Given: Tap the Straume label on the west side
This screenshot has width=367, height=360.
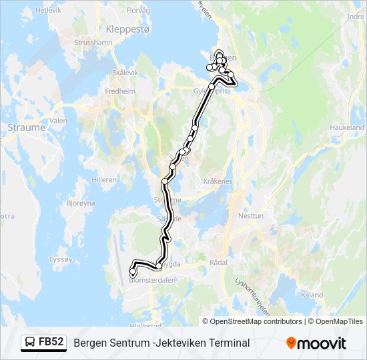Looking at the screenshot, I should point(26,127).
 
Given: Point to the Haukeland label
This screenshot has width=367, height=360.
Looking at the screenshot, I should point(347,127).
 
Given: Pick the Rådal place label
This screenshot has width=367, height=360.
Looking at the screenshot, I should point(218,263).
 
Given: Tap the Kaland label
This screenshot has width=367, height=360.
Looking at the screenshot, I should point(312,295).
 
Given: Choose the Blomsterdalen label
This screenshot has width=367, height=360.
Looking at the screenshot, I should point(152,281).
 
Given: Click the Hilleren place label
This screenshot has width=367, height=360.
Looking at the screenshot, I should point(104,180).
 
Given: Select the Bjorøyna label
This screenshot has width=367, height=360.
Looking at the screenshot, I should point(81,203).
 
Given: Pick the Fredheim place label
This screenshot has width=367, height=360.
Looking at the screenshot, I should point(120,91).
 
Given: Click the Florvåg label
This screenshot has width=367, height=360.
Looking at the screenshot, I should point(137,10).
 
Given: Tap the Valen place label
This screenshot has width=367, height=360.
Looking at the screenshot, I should point(59,121).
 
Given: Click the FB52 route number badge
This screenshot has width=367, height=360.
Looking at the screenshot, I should point(44,343).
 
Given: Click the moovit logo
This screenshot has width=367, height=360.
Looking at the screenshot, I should point(316,343).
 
